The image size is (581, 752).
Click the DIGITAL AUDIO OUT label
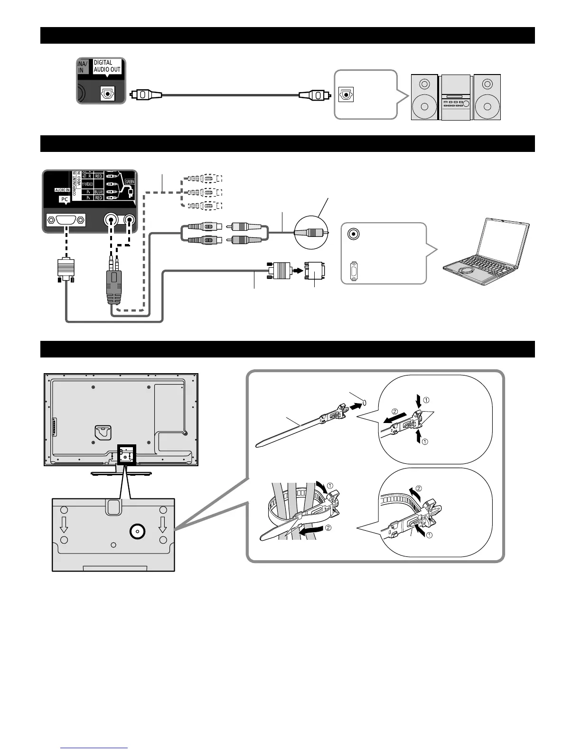pos(107,66)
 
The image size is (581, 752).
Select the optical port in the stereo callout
pos(346,94)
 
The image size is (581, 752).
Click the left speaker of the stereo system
pos(424,97)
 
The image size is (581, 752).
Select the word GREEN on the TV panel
pos(130,181)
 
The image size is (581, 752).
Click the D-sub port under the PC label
pos(66,220)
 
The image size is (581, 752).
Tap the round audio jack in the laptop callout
pos(353,234)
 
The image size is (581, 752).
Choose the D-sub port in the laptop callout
pos(353,272)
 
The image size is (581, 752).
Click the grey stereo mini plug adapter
pos(114,285)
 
